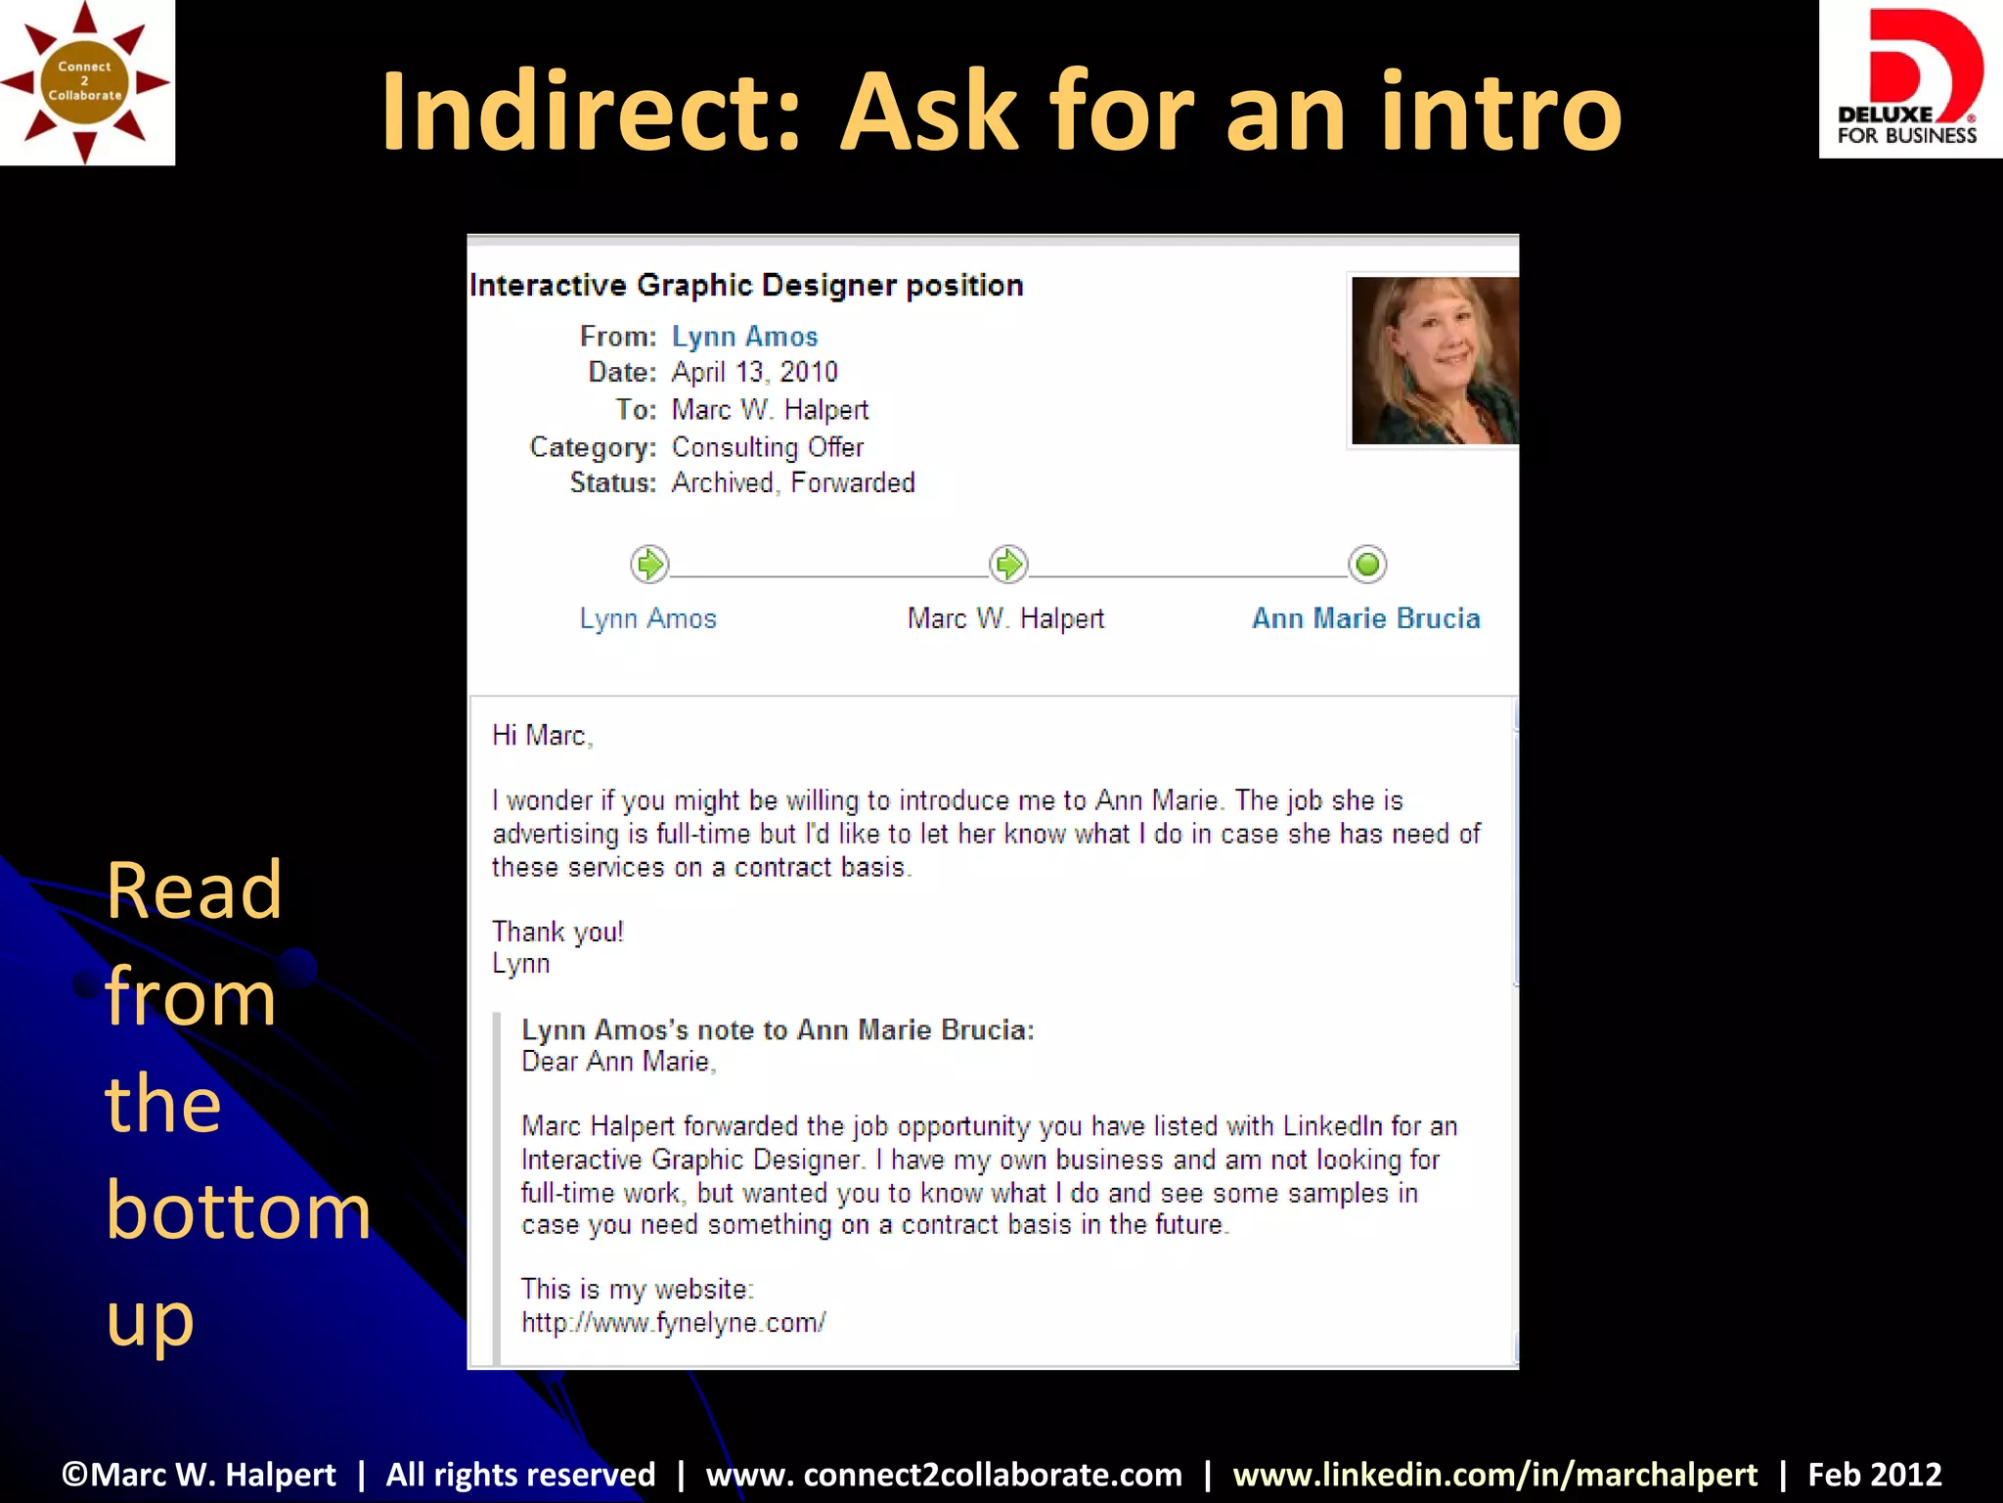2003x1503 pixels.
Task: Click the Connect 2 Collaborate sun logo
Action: tap(86, 82)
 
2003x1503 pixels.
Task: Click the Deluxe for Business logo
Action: tap(1909, 80)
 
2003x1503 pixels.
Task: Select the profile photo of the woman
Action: tap(1434, 360)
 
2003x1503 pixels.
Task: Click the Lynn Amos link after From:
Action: tap(744, 337)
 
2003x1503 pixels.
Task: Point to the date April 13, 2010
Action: tap(754, 373)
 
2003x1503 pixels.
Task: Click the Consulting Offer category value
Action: tap(768, 447)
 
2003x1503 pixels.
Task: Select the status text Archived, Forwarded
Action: tap(793, 483)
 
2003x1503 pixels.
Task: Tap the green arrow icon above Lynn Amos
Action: tap(649, 565)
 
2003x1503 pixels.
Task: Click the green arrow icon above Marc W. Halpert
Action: tap(1008, 565)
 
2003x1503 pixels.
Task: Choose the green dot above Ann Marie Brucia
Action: tap(1367, 565)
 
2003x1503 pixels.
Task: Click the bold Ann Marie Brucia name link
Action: tap(1365, 618)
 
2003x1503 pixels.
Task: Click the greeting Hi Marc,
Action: tap(542, 736)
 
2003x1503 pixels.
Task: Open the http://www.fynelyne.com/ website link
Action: tap(673, 1323)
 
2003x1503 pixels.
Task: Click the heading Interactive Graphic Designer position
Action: tap(746, 286)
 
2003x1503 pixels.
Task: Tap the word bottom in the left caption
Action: tap(238, 1210)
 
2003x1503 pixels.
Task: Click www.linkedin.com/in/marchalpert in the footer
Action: tap(1494, 1475)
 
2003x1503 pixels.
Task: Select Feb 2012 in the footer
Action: tap(1874, 1475)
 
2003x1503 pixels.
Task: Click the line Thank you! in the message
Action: tap(557, 932)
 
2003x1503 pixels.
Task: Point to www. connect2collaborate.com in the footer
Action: tap(944, 1475)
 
